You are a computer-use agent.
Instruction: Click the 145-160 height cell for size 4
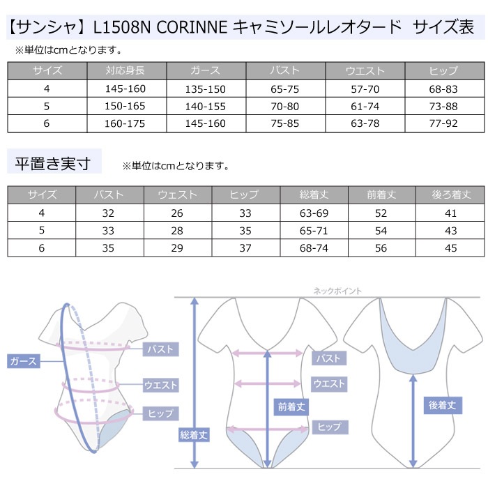click(125, 89)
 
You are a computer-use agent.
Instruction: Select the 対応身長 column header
click(125, 70)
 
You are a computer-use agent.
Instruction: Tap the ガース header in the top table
click(206, 70)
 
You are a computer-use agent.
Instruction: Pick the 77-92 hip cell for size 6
click(443, 123)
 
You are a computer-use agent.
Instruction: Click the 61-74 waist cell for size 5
click(365, 107)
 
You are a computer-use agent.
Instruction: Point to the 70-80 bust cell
click(284, 107)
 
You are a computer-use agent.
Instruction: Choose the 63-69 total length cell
click(314, 213)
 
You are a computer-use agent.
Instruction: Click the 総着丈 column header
click(314, 195)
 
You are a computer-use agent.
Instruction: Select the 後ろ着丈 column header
click(451, 195)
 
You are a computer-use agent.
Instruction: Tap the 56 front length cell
click(381, 248)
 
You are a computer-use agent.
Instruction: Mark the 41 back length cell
click(450, 213)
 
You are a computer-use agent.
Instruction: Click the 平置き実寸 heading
click(53, 163)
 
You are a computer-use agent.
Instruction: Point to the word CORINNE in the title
click(192, 27)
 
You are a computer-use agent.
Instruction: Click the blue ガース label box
click(24, 361)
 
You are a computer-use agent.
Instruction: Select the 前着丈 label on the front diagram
click(291, 407)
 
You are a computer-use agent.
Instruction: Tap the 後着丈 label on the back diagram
click(443, 405)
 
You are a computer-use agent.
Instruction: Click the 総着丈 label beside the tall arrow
click(193, 435)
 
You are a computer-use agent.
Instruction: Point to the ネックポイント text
click(337, 291)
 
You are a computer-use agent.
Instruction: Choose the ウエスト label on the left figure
click(160, 386)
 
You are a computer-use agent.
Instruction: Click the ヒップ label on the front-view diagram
click(330, 427)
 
